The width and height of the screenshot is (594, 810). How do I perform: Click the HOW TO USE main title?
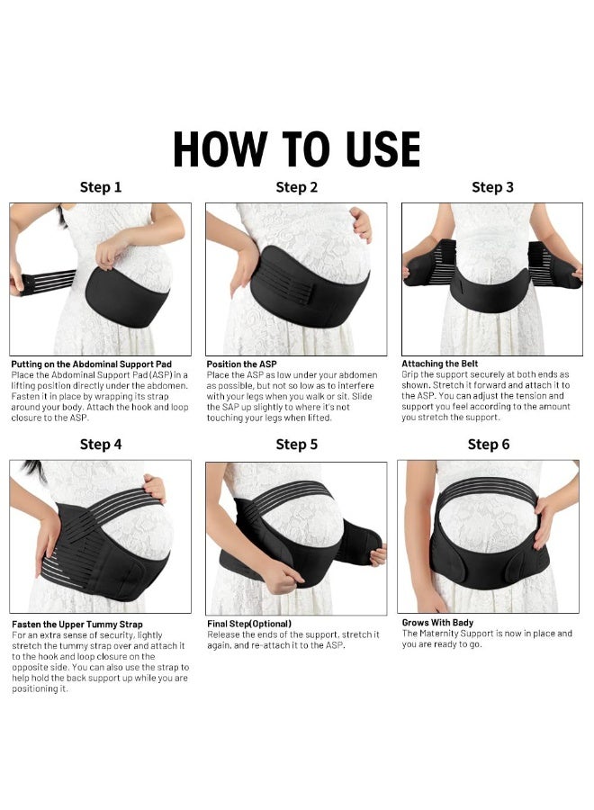296,149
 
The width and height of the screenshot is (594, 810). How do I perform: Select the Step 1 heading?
101,187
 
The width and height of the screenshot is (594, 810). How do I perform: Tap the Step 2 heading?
296,187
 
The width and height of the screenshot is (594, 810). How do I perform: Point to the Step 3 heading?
492,187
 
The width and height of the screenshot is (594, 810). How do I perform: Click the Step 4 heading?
101,444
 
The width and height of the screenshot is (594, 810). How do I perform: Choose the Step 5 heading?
296,444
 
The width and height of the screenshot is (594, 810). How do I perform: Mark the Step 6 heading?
489,444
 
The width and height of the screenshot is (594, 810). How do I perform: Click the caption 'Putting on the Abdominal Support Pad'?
91,364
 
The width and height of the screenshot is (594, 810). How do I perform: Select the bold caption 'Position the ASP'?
241,364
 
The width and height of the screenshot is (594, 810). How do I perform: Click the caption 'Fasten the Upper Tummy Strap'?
77,624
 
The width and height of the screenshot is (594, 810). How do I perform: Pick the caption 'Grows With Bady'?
437,622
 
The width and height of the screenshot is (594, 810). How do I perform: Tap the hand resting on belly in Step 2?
360,222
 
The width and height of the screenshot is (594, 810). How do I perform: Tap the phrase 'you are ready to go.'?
443,644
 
